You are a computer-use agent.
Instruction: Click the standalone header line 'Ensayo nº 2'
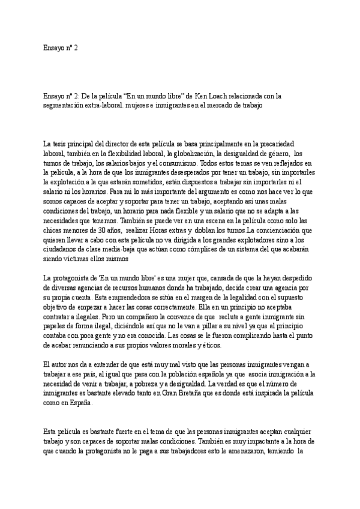(61, 47)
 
